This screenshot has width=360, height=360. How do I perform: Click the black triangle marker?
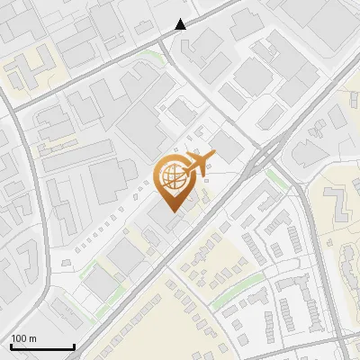(x=181, y=24)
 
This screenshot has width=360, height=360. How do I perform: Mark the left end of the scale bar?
(x=11, y=347)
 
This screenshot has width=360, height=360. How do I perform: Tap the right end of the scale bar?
(x=74, y=347)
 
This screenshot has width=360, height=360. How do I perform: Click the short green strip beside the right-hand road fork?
(x=279, y=177)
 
